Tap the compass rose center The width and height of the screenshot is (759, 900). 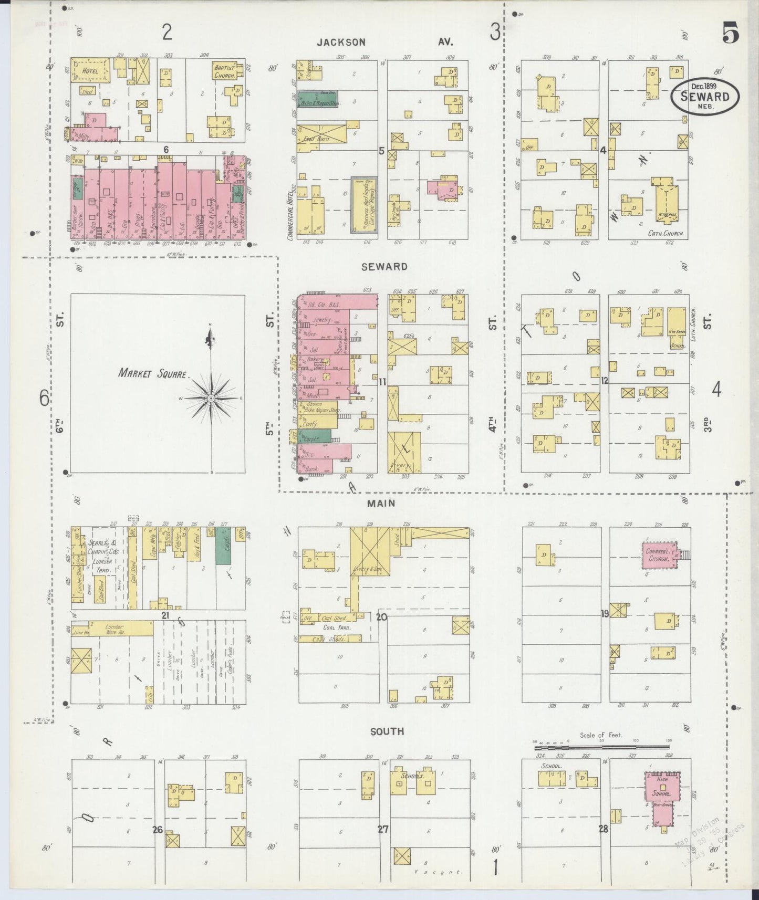coord(211,399)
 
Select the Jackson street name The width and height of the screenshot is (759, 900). coord(341,42)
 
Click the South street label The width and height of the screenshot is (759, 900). coord(387,731)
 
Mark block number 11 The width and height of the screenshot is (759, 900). coord(382,382)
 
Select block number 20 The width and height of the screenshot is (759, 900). coord(381,617)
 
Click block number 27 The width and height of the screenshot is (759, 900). coord(382,829)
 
